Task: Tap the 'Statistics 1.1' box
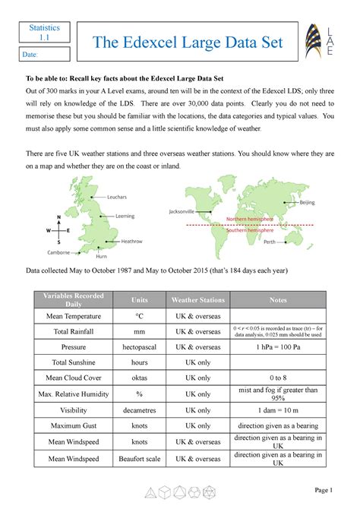click(x=44, y=33)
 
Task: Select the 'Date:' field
click(x=44, y=55)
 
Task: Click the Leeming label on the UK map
click(x=125, y=216)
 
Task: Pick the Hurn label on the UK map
click(x=102, y=258)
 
